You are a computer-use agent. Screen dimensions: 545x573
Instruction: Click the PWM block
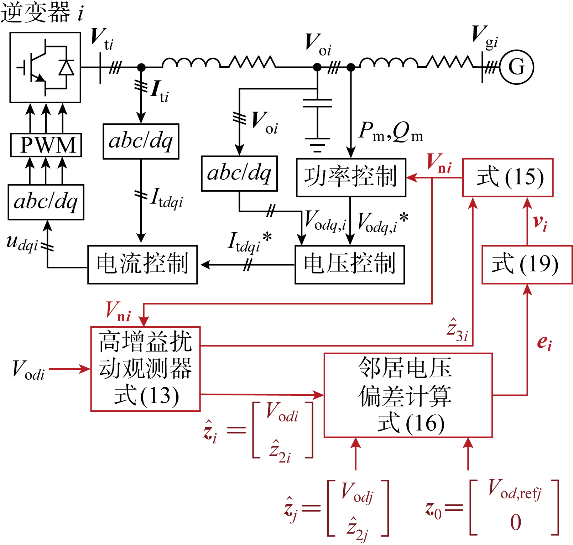pos(46,145)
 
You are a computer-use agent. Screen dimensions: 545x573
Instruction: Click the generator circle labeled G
pos(516,67)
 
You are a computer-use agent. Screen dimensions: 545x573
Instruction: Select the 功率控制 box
pos(351,177)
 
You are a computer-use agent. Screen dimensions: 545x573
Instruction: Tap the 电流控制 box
pos(142,264)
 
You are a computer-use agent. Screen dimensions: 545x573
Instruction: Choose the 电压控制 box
pos(350,264)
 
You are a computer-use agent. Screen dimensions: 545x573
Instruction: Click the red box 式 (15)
pos(508,177)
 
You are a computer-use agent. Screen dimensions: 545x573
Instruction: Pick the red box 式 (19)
pos(527,264)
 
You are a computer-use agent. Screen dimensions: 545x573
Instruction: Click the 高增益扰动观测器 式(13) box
pos(145,369)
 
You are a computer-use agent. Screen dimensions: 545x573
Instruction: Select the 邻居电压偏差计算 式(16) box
pos(408,395)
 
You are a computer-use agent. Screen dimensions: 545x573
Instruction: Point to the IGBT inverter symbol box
pos(45,67)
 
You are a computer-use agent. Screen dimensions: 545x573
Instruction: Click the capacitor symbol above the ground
pos(317,103)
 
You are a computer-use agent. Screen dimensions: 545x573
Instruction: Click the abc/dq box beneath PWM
pos(46,202)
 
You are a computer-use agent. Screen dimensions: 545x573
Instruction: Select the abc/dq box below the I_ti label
pos(141,141)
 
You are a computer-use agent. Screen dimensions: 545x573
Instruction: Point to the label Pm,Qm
pos(390,132)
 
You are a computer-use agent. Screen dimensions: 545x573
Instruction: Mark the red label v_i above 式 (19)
pos(540,223)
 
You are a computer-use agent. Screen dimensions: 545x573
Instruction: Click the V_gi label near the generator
pos(484,36)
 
